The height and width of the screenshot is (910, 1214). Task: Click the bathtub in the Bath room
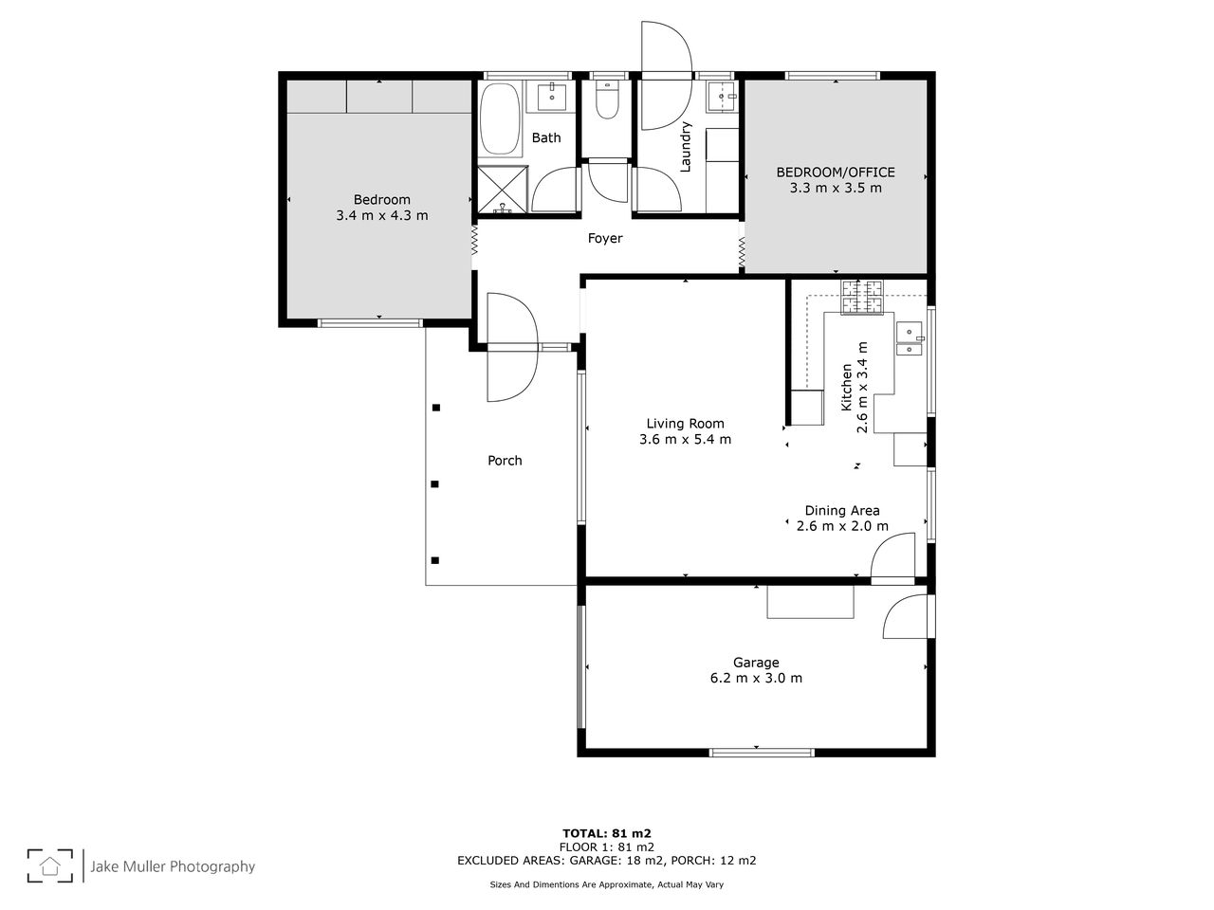click(500, 118)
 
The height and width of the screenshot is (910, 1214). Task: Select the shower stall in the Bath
click(502, 189)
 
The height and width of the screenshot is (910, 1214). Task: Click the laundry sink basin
click(723, 98)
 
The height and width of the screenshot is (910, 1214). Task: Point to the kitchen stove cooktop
click(862, 297)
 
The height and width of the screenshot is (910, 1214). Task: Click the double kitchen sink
click(910, 338)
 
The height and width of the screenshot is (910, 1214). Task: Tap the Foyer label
click(604, 238)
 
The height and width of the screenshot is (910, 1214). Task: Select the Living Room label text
click(685, 423)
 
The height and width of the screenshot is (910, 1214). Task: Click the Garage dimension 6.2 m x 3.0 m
click(756, 678)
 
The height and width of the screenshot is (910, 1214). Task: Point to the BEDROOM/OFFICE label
click(836, 173)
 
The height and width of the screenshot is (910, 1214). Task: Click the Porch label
click(505, 461)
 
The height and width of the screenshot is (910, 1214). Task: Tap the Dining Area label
click(842, 511)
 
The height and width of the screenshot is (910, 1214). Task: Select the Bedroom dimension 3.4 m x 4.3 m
click(381, 215)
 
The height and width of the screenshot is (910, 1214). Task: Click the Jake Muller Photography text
click(173, 867)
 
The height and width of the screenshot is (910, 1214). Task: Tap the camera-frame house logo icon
click(49, 865)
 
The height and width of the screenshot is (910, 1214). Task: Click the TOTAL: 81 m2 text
click(607, 834)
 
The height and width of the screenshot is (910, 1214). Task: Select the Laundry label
click(686, 147)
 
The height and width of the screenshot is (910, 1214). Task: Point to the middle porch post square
click(434, 484)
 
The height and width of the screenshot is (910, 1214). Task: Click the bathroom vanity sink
click(551, 98)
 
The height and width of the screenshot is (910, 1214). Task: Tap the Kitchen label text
click(846, 388)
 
